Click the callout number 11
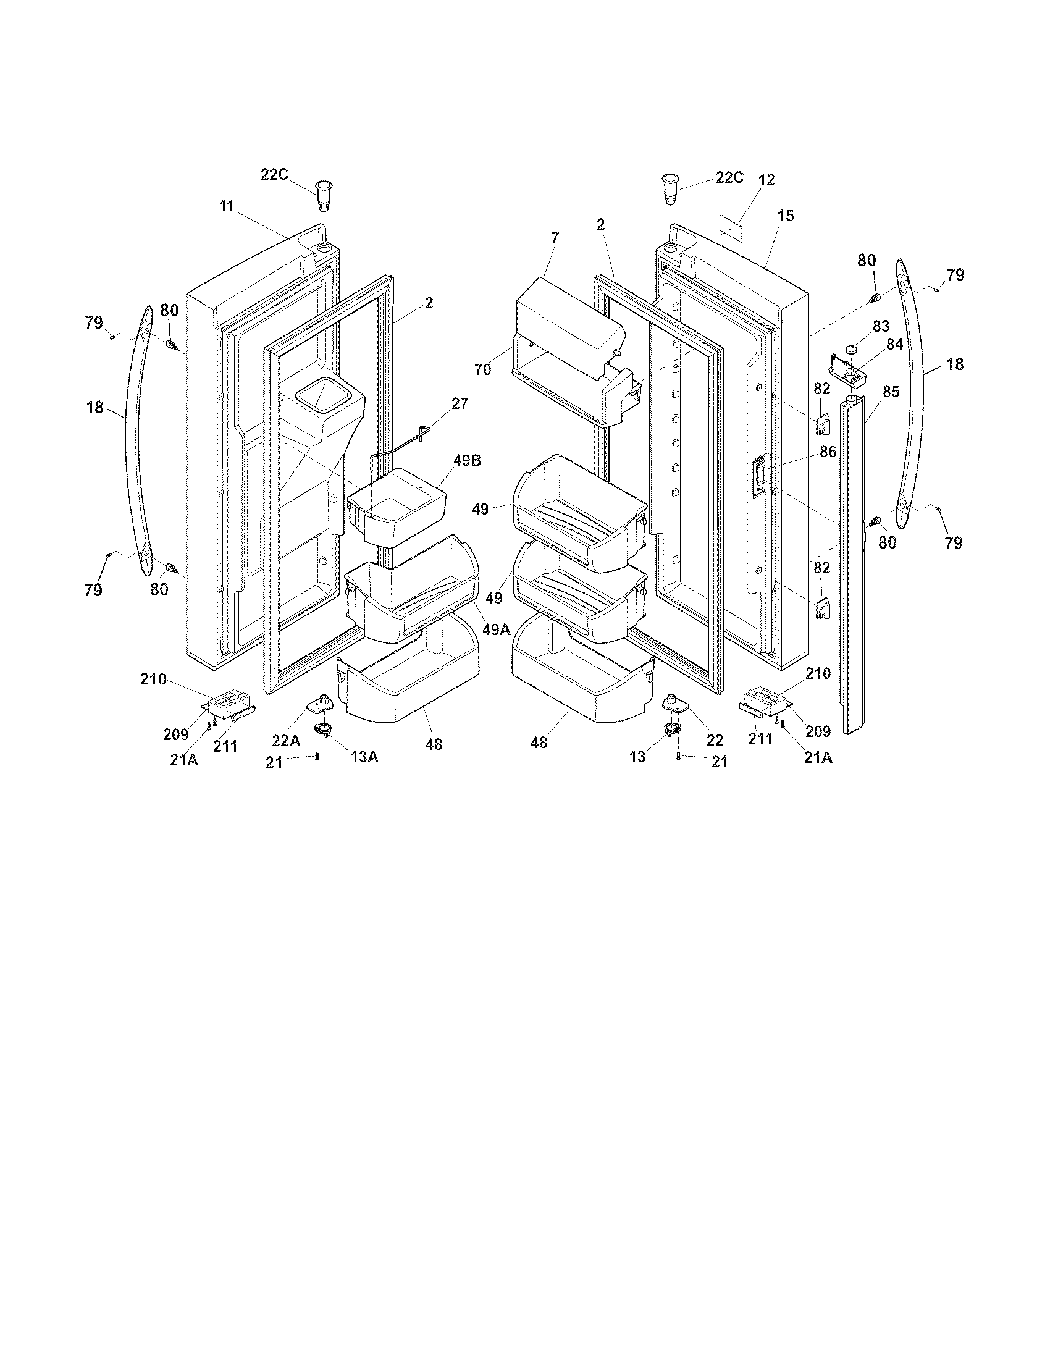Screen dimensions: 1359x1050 [x=226, y=206]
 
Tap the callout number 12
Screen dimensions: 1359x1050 [x=766, y=180]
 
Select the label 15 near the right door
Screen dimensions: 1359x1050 [x=786, y=216]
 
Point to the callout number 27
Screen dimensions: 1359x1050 [x=460, y=403]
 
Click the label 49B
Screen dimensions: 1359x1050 [x=467, y=461]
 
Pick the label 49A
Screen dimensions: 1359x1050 [x=496, y=629]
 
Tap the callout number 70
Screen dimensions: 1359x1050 [x=483, y=369]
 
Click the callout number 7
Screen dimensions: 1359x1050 [x=555, y=237]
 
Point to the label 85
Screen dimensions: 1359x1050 [x=891, y=392]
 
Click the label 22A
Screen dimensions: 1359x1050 [x=286, y=741]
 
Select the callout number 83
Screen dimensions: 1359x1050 [x=881, y=326]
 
